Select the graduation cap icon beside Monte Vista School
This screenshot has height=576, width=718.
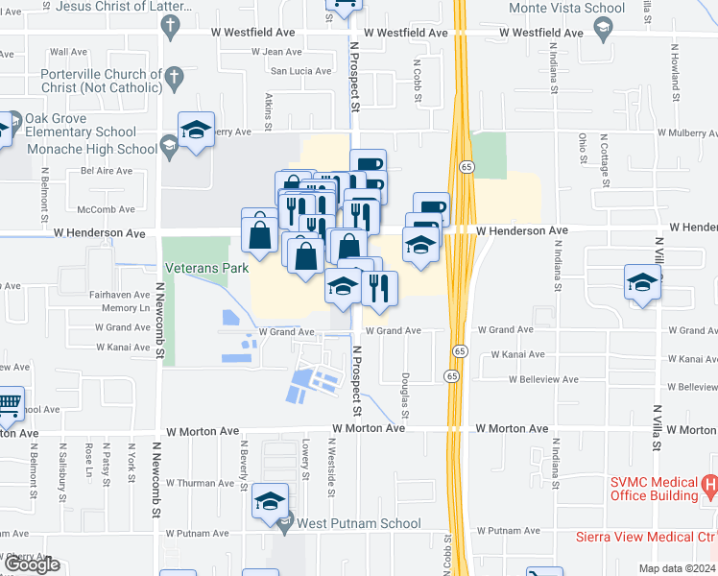[x=602, y=27]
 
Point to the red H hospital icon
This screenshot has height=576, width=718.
[x=709, y=487]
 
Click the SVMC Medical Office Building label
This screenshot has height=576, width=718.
[x=653, y=489]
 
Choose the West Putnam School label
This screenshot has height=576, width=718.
[x=359, y=523]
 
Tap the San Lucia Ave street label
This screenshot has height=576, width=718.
[x=300, y=71]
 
